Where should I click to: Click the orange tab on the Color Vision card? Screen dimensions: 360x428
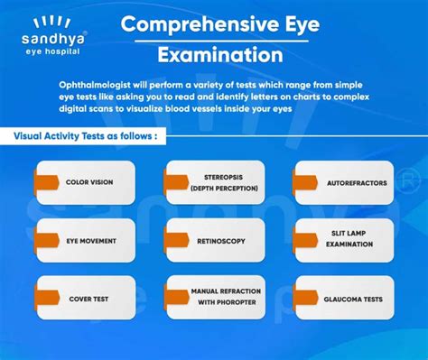40,181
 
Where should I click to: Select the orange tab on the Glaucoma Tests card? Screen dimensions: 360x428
300,297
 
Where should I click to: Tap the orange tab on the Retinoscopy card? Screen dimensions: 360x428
171,239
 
